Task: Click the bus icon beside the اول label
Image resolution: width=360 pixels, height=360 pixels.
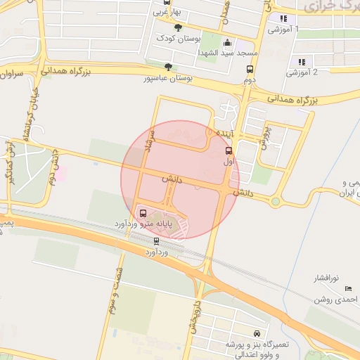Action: pos(229,150)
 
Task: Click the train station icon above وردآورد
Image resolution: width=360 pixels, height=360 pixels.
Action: pos(156,240)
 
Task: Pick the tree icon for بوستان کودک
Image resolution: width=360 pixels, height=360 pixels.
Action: pos(177,27)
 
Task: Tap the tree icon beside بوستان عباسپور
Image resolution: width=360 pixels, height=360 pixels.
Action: pos(168,67)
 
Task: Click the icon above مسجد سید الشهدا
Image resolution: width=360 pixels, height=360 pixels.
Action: pos(227,42)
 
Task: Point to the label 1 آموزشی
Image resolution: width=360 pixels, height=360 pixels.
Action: pos(283,30)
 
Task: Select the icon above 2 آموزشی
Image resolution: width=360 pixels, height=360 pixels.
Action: pos(302,62)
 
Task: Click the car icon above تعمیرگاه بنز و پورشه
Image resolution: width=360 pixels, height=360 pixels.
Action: pos(256,333)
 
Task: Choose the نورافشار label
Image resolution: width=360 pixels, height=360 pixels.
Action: pos(328,278)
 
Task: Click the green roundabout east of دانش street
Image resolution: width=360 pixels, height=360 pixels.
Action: pos(276,201)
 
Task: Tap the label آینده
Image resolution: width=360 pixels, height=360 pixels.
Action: pos(222,132)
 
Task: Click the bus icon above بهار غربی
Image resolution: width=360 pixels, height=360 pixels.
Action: pos(166,3)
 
